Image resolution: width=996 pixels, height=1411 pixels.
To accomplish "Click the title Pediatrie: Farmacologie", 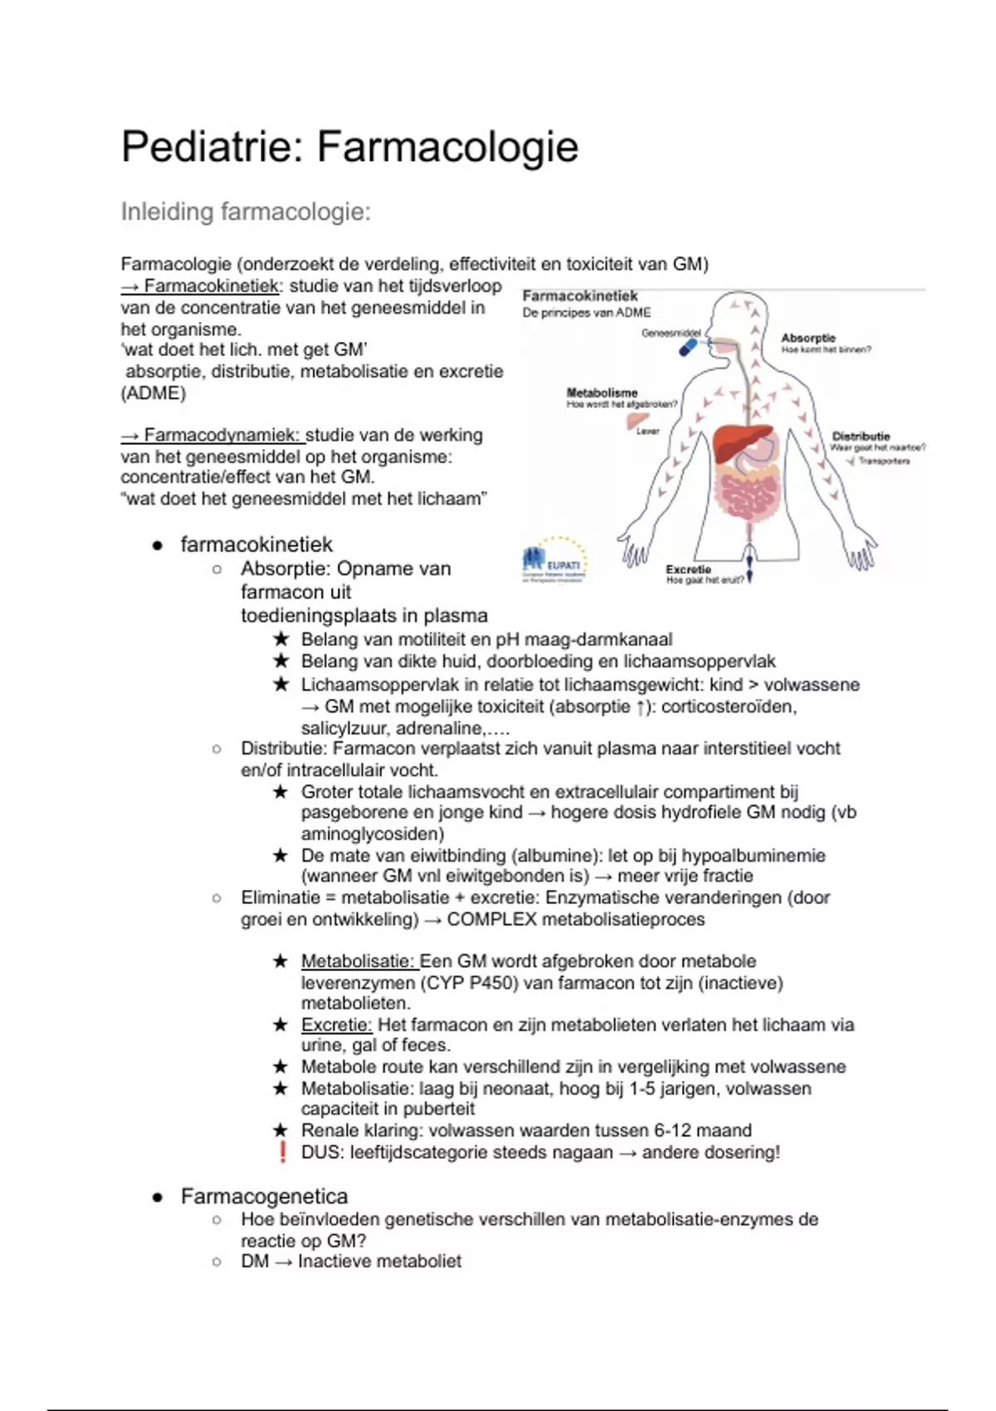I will pyautogui.click(x=349, y=147).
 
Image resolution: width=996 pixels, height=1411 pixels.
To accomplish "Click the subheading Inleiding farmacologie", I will pyautogui.click(x=246, y=212).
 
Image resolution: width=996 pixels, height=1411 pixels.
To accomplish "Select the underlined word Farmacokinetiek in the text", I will pyautogui.click(x=211, y=286).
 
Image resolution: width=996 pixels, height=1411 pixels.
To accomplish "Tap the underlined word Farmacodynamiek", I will pyautogui.click(x=221, y=435).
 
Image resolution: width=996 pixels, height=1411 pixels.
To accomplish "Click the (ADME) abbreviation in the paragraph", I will pyautogui.click(x=154, y=393).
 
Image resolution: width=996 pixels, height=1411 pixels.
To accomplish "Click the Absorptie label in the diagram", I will pyautogui.click(x=808, y=338).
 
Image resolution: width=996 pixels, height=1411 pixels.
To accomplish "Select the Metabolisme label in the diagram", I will pyautogui.click(x=602, y=393).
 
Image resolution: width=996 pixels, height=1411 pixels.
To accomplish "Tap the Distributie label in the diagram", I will pyautogui.click(x=861, y=436).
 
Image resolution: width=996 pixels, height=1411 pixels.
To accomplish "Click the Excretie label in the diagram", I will pyautogui.click(x=688, y=569).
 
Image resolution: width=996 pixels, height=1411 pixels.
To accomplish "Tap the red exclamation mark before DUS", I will pyautogui.click(x=282, y=1152).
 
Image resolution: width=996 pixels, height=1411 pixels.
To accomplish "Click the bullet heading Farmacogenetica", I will pyautogui.click(x=264, y=1196).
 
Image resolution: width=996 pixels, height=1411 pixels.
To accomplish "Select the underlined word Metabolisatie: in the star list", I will pyautogui.click(x=358, y=961).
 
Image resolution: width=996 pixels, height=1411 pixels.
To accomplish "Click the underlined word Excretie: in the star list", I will pyautogui.click(x=336, y=1025).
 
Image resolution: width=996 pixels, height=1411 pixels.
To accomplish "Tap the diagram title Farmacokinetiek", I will pyautogui.click(x=580, y=296).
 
